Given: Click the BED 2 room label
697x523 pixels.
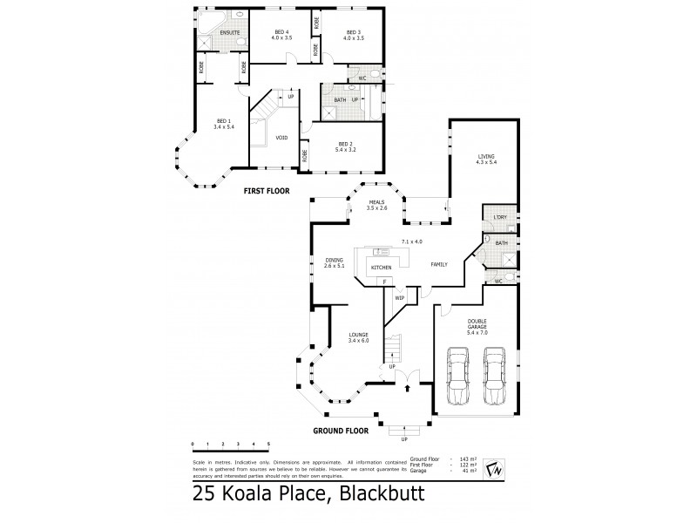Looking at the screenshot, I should (346, 144).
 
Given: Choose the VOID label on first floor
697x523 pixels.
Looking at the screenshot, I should (281, 138).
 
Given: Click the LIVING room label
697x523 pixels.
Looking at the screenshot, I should (485, 157).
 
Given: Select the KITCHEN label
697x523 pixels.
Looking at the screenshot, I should (382, 267).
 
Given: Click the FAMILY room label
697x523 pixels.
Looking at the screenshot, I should (437, 264).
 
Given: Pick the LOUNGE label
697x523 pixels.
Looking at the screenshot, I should (359, 335).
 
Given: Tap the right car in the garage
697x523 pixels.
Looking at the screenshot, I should (494, 377).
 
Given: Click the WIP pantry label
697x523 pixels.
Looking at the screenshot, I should (400, 298).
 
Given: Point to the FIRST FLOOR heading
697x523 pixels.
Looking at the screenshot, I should (266, 190).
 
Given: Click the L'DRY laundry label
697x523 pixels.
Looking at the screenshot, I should (499, 216).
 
